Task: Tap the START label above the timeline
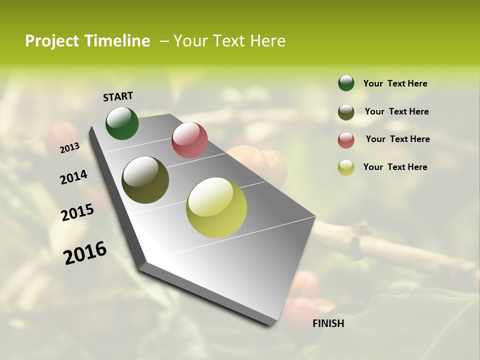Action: pyautogui.click(x=118, y=96)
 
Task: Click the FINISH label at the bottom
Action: pyautogui.click(x=328, y=323)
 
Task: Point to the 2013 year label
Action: pyautogui.click(x=69, y=147)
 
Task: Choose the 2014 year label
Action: pyautogui.click(x=73, y=177)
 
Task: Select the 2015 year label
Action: pyautogui.click(x=77, y=212)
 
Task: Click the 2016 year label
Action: pyautogui.click(x=85, y=253)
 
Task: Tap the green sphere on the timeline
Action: pyautogui.click(x=122, y=123)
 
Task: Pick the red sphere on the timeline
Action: pyautogui.click(x=189, y=140)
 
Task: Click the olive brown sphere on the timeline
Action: pyautogui.click(x=145, y=180)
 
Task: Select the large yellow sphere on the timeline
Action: pyautogui.click(x=216, y=207)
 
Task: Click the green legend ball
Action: pyautogui.click(x=346, y=83)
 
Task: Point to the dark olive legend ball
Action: pyautogui.click(x=346, y=112)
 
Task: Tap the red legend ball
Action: pyautogui.click(x=346, y=140)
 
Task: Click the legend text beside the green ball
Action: pyautogui.click(x=395, y=83)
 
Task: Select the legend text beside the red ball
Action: pyautogui.click(x=397, y=139)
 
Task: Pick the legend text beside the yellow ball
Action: pyautogui.click(x=395, y=167)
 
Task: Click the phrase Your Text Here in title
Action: pyautogui.click(x=229, y=41)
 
